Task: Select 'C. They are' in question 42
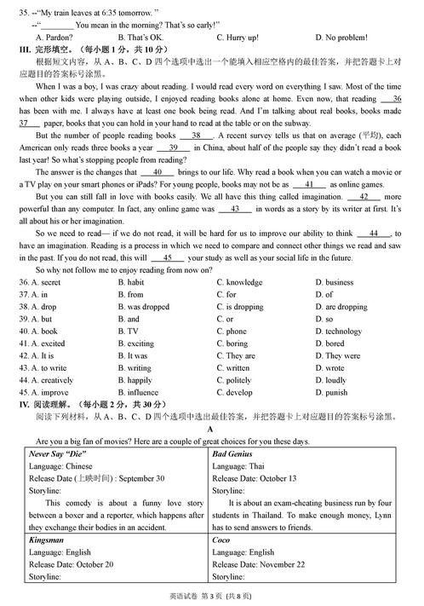click(x=236, y=356)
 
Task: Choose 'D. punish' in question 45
click(x=331, y=393)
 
